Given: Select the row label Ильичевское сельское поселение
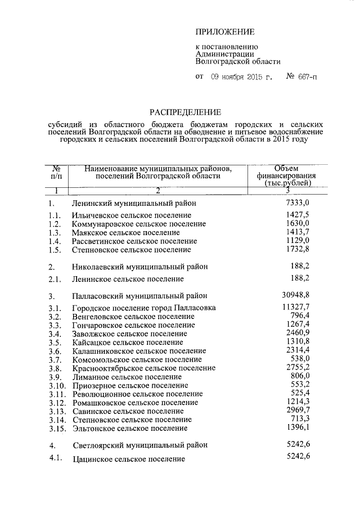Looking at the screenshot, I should click(132, 215).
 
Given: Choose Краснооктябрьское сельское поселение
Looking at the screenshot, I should click(143, 368).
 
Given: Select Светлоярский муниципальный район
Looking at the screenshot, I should click(140, 445).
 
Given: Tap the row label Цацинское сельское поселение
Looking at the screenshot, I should click(129, 460).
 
